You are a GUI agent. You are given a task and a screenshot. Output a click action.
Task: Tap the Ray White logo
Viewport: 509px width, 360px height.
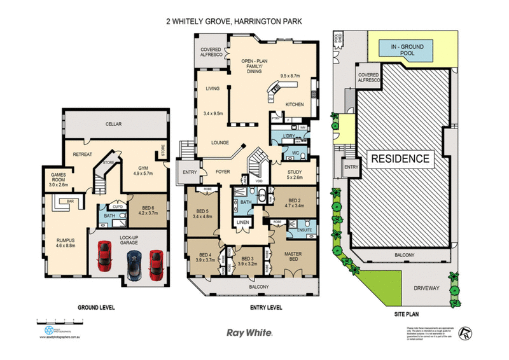tap(250, 332)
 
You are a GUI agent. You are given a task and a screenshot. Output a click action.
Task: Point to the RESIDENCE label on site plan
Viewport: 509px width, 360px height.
tap(400, 158)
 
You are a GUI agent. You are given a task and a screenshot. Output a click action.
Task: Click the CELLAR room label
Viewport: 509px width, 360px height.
tap(115, 125)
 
